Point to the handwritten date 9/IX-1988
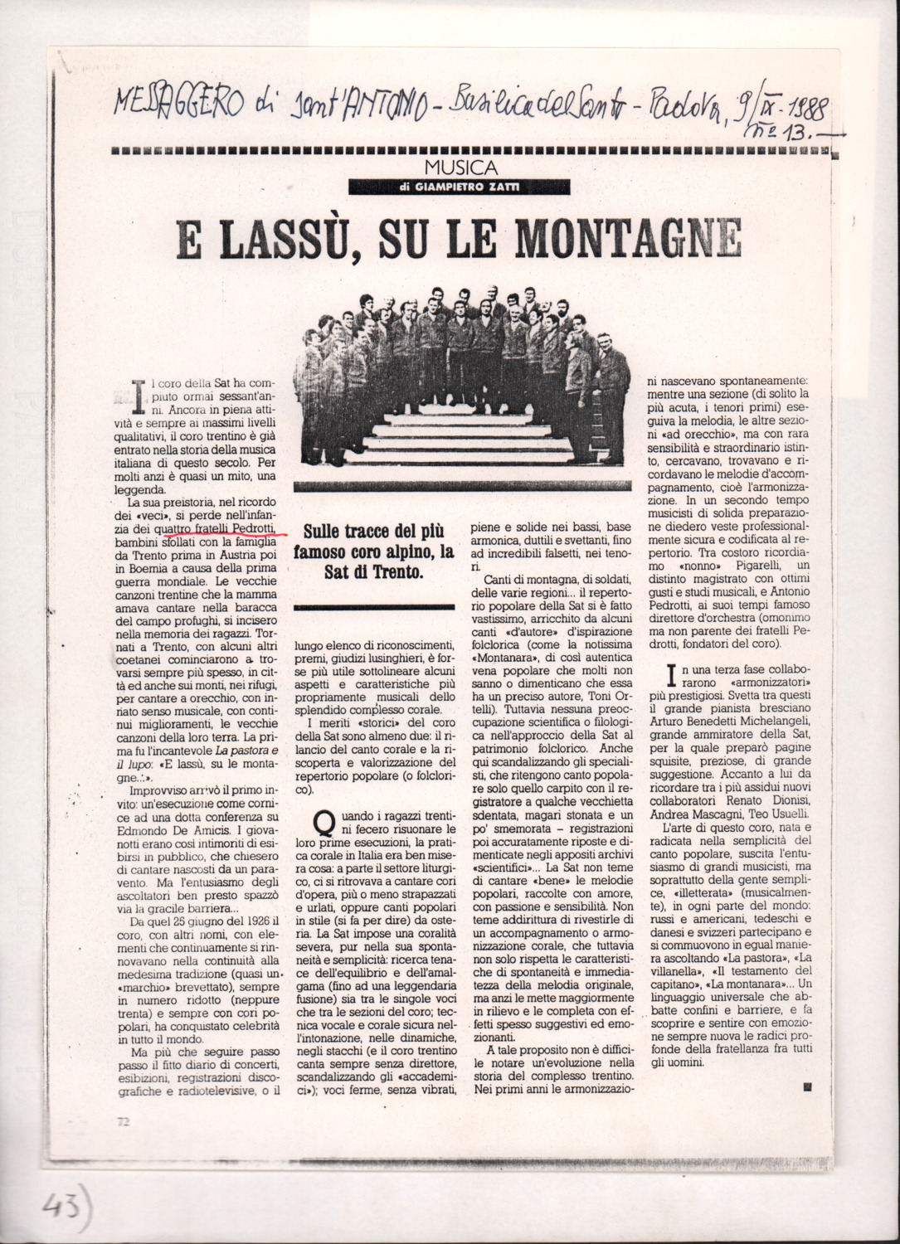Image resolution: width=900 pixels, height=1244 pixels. point(778,107)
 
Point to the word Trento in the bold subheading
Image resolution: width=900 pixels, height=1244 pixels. point(396,572)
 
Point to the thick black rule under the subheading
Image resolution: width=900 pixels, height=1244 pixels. point(375,607)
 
